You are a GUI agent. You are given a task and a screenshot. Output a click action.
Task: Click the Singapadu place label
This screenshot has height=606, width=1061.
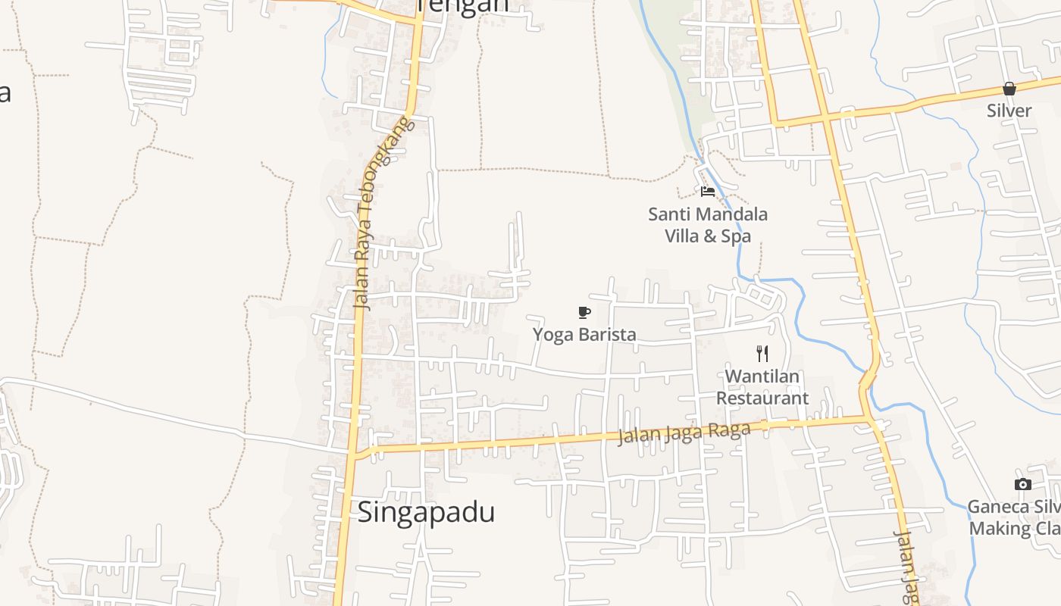(426, 512)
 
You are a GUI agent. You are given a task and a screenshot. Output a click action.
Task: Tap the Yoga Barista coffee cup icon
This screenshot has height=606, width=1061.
(584, 312)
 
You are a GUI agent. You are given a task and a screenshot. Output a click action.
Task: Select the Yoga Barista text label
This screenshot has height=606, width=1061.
(584, 334)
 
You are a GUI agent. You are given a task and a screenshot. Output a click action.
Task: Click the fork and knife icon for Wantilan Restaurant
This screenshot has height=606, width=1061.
(762, 353)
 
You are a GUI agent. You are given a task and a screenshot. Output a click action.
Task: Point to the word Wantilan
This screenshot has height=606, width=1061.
(762, 376)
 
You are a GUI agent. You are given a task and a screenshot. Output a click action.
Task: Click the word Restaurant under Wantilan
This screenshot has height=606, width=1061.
(762, 398)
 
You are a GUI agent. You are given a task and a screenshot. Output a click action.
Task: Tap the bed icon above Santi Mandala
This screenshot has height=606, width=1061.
(708, 191)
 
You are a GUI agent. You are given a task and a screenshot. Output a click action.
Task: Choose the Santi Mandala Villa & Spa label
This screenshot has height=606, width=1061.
(708, 225)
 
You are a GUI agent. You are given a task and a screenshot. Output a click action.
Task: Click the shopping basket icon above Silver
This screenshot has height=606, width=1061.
(1009, 89)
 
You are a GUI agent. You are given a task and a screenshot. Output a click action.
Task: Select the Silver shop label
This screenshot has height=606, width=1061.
(1009, 111)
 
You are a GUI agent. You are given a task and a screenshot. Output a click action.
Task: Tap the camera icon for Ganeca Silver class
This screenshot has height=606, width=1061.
(1022, 485)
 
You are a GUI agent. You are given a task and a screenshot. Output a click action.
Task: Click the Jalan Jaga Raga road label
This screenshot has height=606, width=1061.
(684, 433)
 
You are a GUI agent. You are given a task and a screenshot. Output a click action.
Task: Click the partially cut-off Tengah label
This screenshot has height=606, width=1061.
(462, 6)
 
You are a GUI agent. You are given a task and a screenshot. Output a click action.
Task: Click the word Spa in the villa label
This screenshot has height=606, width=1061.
(735, 236)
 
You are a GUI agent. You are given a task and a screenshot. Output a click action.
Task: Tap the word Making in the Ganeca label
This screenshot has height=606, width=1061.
(999, 529)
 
